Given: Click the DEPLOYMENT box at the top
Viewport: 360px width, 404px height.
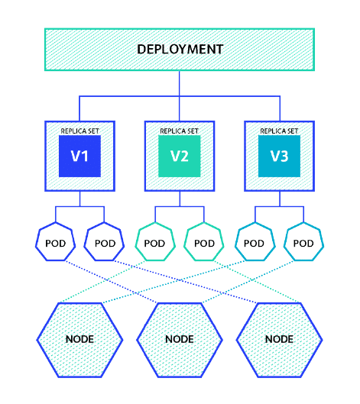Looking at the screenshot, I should coord(180,50).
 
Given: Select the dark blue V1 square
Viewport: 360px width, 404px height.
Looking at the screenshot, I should coord(80,157).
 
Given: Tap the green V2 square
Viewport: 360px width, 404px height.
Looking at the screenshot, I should coord(180,157).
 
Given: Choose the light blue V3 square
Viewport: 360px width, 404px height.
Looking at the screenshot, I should coord(279,157).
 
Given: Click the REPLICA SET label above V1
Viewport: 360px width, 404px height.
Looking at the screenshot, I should coord(80,131).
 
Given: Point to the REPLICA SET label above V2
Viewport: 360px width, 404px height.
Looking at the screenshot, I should coord(180,131).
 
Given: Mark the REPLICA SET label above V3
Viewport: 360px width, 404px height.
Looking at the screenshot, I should coord(279,131).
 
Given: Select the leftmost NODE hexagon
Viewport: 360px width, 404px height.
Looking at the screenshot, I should coord(80,338).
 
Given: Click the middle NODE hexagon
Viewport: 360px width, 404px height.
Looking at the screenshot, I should coord(180,338).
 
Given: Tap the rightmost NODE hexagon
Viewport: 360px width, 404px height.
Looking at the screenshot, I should coord(279,338).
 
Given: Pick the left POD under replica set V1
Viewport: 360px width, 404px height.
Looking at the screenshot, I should coord(56,244).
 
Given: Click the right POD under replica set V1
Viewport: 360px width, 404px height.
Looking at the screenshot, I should coord(105,244).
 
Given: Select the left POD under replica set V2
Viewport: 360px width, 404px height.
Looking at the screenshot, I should coord(155,244).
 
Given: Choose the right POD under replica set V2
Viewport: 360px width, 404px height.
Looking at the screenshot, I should coord(204,244).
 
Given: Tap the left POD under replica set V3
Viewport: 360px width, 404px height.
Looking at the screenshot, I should coord(255,244).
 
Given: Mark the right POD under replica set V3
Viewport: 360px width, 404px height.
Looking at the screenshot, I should coord(303,244).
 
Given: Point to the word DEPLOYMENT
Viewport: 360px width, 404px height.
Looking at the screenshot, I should coord(180,50).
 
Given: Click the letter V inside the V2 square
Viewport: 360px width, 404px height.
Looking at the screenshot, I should coord(174,157).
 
